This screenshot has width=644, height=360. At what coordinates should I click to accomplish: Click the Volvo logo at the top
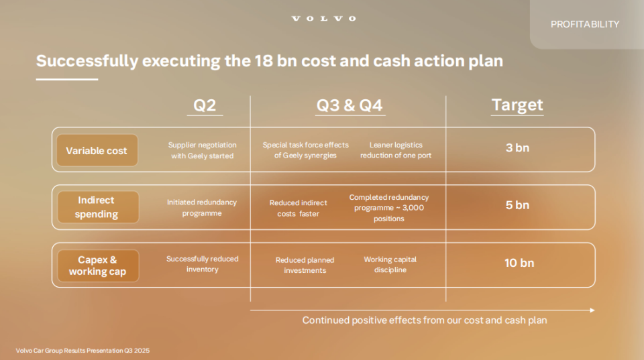click(x=323, y=19)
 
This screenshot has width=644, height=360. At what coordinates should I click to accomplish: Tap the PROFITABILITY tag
click(x=585, y=24)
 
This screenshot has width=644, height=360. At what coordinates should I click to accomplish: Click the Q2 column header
click(x=205, y=105)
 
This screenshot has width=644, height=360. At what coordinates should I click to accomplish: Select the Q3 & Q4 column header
click(x=350, y=105)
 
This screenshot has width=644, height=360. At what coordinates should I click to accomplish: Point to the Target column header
click(x=517, y=105)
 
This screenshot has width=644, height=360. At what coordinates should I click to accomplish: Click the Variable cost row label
click(x=97, y=151)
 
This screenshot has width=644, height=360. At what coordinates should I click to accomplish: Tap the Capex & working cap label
click(x=98, y=265)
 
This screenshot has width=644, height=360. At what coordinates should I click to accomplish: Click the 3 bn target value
click(x=517, y=147)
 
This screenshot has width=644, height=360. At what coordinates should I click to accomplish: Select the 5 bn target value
click(x=517, y=205)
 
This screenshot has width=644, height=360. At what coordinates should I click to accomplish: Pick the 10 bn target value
click(x=519, y=263)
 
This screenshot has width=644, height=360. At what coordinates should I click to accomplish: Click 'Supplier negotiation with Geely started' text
click(x=202, y=150)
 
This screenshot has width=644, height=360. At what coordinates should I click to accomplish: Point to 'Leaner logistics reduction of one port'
click(x=396, y=149)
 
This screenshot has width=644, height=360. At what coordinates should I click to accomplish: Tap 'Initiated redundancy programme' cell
click(x=202, y=208)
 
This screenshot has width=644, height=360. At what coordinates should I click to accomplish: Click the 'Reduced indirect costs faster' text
click(x=298, y=208)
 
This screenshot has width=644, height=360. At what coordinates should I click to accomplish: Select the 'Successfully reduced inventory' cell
click(x=202, y=264)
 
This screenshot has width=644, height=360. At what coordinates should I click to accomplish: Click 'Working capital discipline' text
click(x=390, y=264)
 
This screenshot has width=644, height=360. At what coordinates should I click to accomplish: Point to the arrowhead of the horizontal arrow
click(x=592, y=310)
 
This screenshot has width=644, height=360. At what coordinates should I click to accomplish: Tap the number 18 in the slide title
click(x=263, y=61)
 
